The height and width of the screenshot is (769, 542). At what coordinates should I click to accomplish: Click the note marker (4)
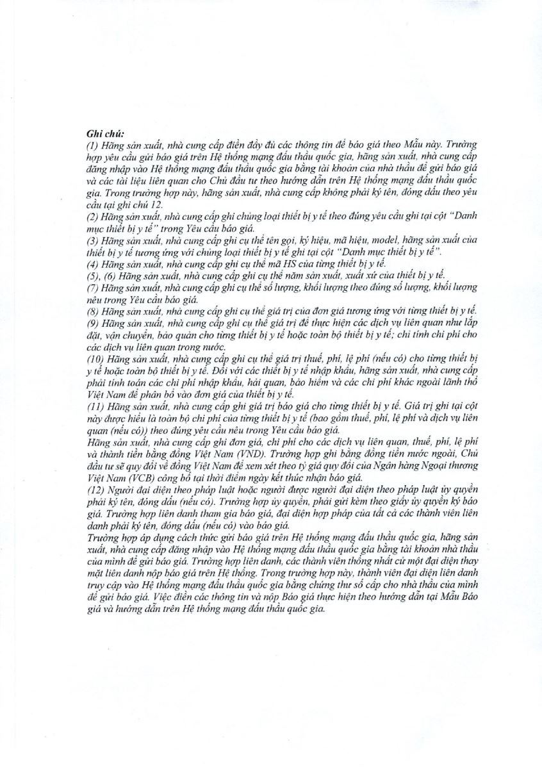(x=92, y=263)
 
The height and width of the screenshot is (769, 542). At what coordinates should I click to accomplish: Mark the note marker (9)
(x=92, y=321)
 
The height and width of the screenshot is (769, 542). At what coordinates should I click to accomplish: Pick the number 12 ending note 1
(x=156, y=204)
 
